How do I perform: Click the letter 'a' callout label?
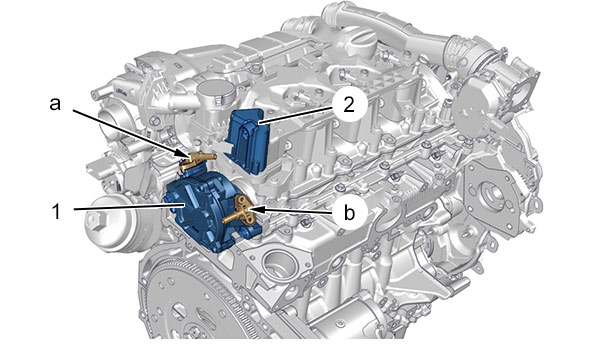[x=55, y=104]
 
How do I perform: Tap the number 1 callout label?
[x=56, y=212]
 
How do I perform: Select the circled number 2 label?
[x=349, y=104]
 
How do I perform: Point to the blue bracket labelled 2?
[x=248, y=140]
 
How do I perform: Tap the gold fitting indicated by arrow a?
[x=195, y=161]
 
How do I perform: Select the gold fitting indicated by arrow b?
[x=240, y=211]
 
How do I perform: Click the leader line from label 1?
[x=129, y=207]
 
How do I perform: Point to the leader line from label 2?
[x=296, y=115]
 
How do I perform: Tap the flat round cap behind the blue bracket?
[x=215, y=91]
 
